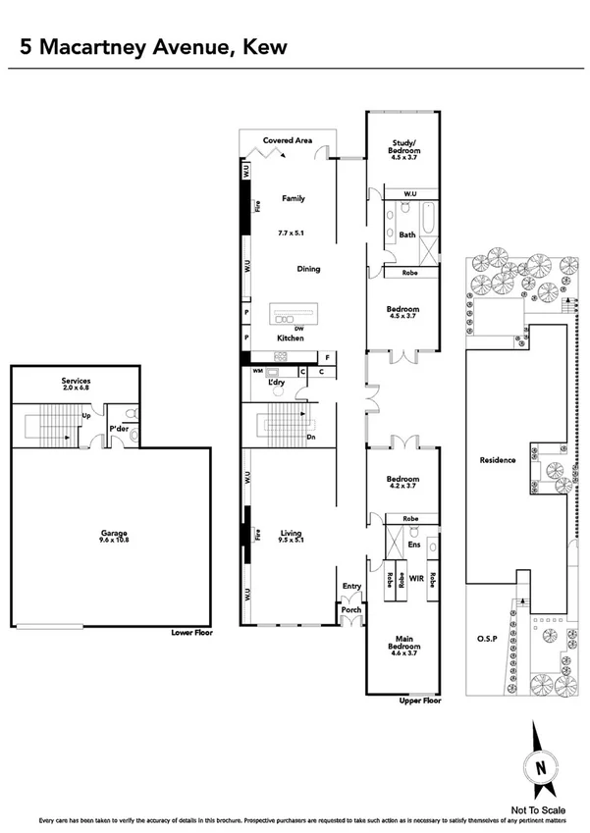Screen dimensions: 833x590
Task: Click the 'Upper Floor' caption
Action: click(x=420, y=702)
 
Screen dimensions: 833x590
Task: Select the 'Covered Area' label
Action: click(x=288, y=141)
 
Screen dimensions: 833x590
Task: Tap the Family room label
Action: click(x=294, y=198)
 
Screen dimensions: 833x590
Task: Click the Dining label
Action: click(x=309, y=268)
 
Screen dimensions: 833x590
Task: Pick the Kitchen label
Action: click(x=291, y=338)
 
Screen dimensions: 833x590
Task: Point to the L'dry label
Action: click(x=262, y=381)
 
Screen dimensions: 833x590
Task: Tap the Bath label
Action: click(x=407, y=234)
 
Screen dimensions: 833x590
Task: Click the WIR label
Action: click(x=416, y=580)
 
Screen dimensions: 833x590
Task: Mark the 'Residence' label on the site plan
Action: click(x=498, y=460)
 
